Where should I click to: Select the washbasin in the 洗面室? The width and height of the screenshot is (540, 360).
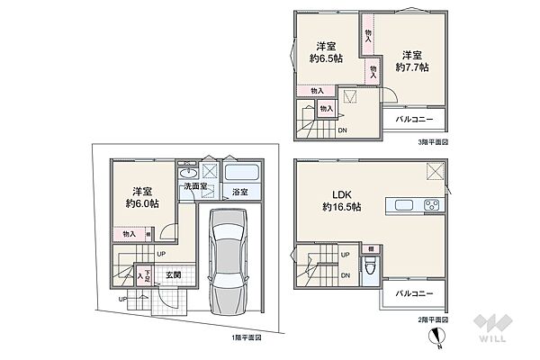(189, 174)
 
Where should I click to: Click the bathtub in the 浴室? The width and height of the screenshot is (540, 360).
(241, 174)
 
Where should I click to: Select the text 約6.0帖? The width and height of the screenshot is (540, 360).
(141, 204)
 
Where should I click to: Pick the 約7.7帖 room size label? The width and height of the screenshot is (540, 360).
(411, 67)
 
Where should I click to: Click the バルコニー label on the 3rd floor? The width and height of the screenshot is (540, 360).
(413, 121)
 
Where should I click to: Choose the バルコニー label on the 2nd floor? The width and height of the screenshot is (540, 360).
(413, 294)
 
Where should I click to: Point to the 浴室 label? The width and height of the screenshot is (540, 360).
(240, 193)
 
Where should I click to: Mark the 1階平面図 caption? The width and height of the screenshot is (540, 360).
(246, 337)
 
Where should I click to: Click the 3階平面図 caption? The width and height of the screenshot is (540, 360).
(432, 141)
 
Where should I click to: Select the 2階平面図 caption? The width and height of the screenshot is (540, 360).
(432, 319)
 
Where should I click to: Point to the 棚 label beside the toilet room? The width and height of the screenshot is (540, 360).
(371, 247)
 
